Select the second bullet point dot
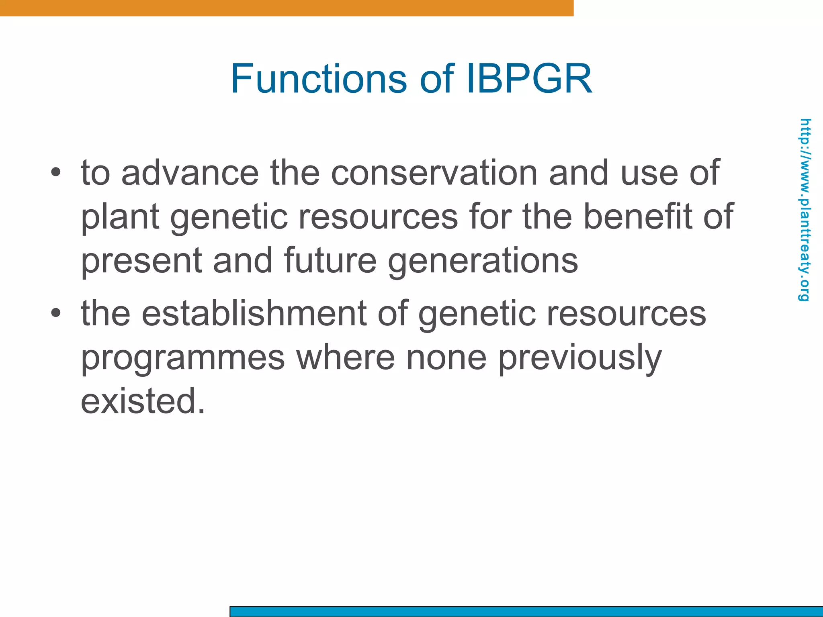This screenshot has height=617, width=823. [x=56, y=313]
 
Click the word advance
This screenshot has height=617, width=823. [x=190, y=173]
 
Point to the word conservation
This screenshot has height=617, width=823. [x=434, y=173]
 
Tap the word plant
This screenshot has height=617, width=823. [x=120, y=217]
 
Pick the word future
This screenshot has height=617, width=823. [x=330, y=261]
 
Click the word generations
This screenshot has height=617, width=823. [x=483, y=261]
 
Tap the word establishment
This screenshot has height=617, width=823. [x=254, y=313]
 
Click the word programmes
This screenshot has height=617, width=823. [x=183, y=358]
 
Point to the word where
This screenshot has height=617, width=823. [x=346, y=358]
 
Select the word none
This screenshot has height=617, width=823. [x=446, y=358]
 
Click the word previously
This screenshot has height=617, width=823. [x=580, y=358]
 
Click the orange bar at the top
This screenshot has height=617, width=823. [x=287, y=8]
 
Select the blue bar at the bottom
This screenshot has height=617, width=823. [x=526, y=611]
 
